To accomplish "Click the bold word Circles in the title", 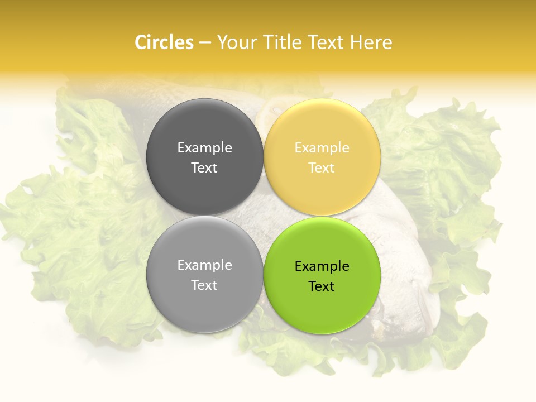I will [164, 42].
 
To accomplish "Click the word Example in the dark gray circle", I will [204, 148].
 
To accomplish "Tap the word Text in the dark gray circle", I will [204, 167].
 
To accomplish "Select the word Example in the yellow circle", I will [322, 148].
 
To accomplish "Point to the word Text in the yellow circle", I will [322, 167].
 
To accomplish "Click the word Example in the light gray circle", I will [204, 265].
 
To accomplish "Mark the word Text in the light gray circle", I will [204, 285].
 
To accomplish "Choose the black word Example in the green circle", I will [322, 266].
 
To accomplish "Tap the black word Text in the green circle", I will [322, 286].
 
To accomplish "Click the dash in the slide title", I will [205, 43].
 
